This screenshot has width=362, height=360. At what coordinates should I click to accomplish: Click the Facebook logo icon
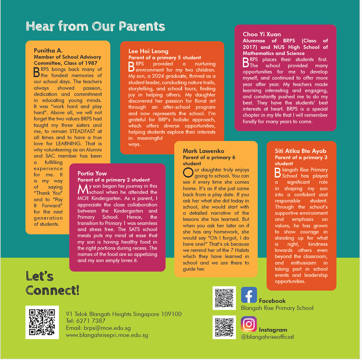pyautogui.click(x=249, y=295)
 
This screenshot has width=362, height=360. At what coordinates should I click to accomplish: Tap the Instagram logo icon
pyautogui.click(x=249, y=324)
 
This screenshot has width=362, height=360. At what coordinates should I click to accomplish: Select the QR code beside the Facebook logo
pyautogui.click(x=224, y=298)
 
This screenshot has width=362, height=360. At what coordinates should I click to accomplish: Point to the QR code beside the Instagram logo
pyautogui.click(x=224, y=327)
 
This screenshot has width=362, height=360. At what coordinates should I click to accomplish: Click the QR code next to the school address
pyautogui.click(x=42, y=322)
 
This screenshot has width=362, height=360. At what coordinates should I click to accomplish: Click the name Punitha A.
pyautogui.click(x=48, y=51)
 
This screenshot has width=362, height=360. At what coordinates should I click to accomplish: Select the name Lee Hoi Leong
pyautogui.click(x=148, y=51)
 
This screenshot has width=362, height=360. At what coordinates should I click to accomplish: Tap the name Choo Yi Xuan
pyautogui.click(x=262, y=34)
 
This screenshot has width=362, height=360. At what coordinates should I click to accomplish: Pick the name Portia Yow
pyautogui.click(x=92, y=173)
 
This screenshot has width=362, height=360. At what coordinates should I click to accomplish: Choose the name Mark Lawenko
pyautogui.click(x=203, y=151)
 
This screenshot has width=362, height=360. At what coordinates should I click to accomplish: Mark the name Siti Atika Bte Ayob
pyautogui.click(x=300, y=151)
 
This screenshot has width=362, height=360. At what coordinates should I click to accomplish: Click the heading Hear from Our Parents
pyautogui.click(x=95, y=26)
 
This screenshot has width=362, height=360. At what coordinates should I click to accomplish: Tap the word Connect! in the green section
pyautogui.click(x=52, y=290)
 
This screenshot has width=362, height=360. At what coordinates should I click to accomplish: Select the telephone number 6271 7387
pyautogui.click(x=91, y=321)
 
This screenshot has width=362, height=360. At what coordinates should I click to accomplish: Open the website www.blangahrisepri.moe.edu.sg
pyautogui.click(x=107, y=335)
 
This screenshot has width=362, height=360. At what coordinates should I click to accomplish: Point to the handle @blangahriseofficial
pyautogui.click(x=267, y=337)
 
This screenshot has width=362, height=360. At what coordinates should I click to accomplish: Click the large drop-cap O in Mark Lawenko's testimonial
pyautogui.click(x=188, y=173)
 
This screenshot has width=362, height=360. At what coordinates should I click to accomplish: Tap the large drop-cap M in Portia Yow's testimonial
pyautogui.click(x=83, y=189)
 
